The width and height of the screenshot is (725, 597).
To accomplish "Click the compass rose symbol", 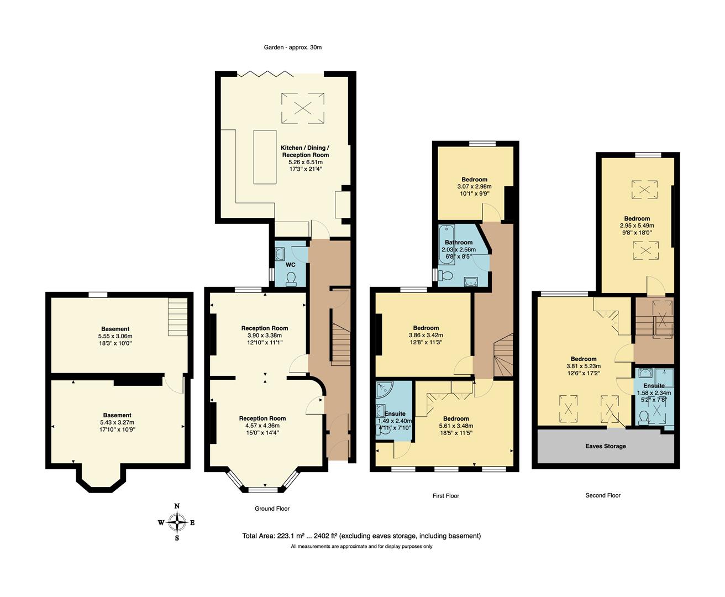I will pyautogui.click(x=177, y=522).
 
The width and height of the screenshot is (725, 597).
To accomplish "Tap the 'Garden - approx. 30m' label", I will pyautogui.click(x=292, y=48).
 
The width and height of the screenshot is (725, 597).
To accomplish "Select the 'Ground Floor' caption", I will pyautogui.click(x=272, y=509).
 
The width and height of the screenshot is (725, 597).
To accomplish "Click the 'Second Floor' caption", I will pyautogui.click(x=603, y=495).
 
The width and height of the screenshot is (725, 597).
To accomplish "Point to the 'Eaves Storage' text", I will pyautogui.click(x=606, y=446).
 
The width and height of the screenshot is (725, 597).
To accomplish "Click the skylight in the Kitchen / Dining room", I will pyautogui.click(x=303, y=107).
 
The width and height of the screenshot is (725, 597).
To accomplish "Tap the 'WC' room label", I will pyautogui.click(x=291, y=265).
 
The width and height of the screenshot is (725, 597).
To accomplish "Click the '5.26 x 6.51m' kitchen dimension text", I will pyautogui.click(x=304, y=162).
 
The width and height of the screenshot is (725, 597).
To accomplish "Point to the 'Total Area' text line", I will pyautogui.click(x=361, y=536).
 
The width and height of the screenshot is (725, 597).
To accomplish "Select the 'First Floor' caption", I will pyautogui.click(x=445, y=496).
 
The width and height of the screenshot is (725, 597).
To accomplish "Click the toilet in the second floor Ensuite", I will pyautogui.click(x=643, y=423).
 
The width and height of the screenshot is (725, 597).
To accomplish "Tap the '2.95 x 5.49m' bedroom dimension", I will pyautogui.click(x=637, y=226).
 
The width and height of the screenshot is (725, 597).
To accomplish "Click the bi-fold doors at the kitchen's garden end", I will pyautogui.click(x=265, y=74).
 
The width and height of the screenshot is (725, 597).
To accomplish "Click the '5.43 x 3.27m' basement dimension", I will pyautogui.click(x=117, y=422).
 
